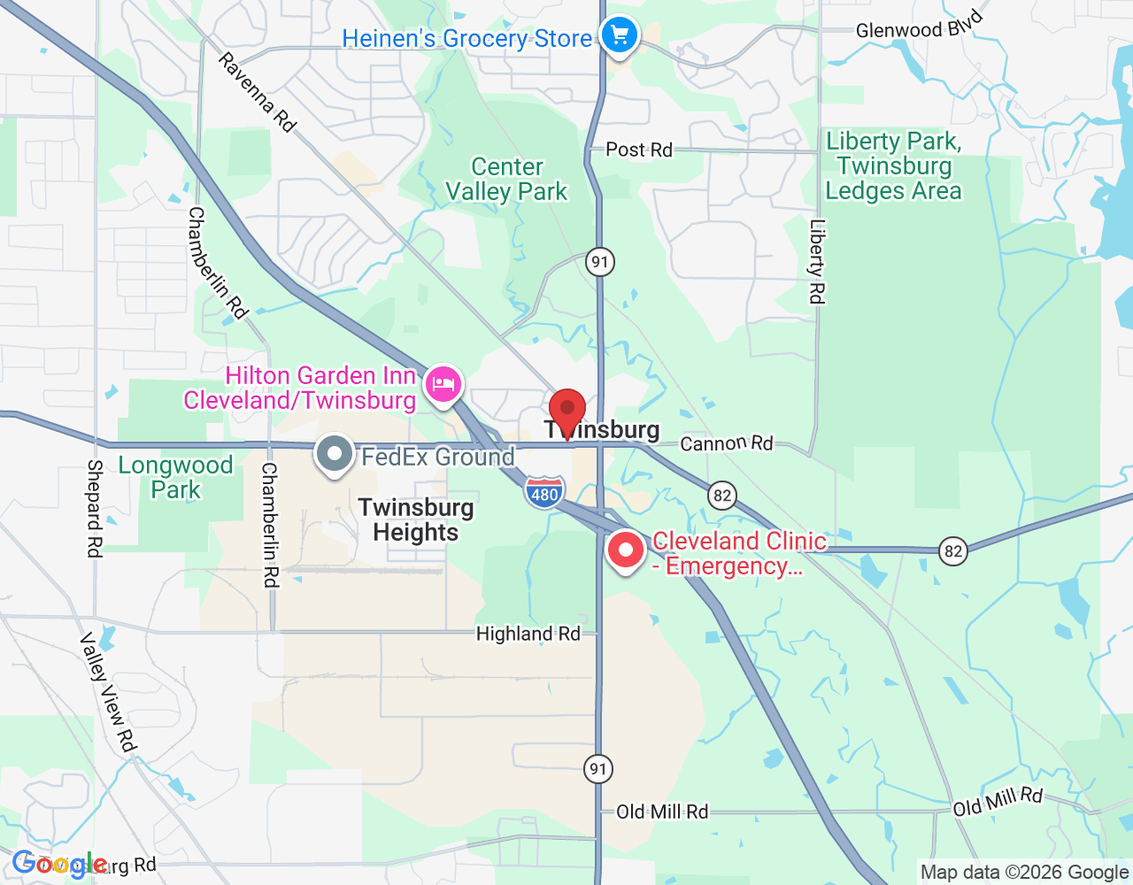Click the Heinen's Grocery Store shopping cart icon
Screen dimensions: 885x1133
[x=620, y=36]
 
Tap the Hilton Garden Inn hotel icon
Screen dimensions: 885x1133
[x=443, y=384]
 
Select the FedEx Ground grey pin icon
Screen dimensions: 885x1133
[x=335, y=454]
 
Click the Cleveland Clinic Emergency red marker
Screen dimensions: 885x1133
[x=626, y=550]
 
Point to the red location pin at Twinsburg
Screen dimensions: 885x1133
[x=567, y=412]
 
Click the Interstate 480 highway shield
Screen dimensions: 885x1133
[x=543, y=492]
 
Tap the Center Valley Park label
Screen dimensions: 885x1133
[x=506, y=180]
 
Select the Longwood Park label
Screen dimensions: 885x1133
[x=175, y=477]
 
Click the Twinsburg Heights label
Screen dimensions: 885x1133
[x=416, y=519]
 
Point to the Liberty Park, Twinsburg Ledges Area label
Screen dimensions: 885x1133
[x=893, y=166]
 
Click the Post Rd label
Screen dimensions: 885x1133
[x=639, y=150]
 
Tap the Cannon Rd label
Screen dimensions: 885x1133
[x=726, y=442]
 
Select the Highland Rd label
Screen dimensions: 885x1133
[x=528, y=634]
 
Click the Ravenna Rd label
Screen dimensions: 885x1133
[x=257, y=92]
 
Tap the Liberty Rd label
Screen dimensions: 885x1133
[x=816, y=262]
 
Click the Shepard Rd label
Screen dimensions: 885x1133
[x=95, y=508]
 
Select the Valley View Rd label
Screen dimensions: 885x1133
[x=109, y=692]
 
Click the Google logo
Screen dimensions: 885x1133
[x=59, y=864]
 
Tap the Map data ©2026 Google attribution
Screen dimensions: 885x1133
[x=1024, y=873]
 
